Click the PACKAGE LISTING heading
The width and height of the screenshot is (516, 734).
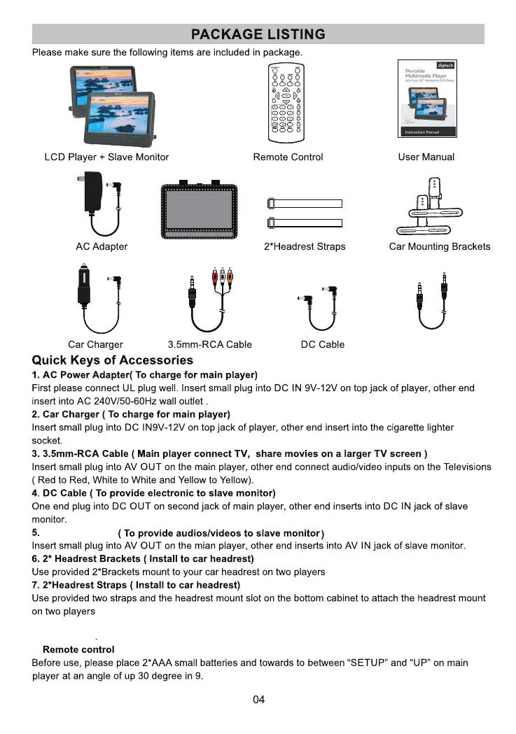[258, 34]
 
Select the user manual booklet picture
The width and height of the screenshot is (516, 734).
[426, 99]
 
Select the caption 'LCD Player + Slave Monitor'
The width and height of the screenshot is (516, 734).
[106, 157]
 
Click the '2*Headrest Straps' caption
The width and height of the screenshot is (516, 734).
[305, 247]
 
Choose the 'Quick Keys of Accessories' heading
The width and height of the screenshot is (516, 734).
[113, 361]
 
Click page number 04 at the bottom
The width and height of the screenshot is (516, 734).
[258, 700]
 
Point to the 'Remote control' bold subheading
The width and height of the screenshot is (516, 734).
[78, 650]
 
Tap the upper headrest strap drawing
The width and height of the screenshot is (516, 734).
[305, 204]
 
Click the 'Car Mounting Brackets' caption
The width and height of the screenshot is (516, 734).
[440, 247]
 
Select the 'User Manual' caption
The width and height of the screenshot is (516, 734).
[426, 157]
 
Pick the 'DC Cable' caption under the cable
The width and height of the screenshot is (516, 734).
[322, 345]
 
